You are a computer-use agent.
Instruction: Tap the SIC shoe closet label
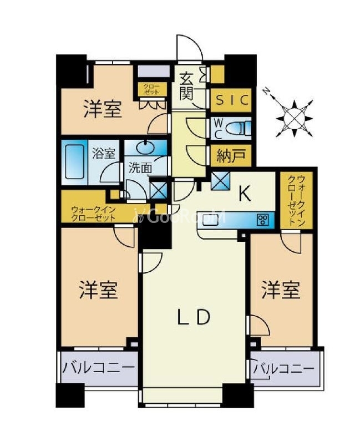pos(232,100)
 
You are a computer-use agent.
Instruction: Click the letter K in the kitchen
pos(245,194)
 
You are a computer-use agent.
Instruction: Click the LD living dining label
pos(194,317)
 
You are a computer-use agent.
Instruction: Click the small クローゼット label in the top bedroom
pos(151,89)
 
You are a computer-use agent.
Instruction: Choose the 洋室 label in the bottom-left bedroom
pos(98,289)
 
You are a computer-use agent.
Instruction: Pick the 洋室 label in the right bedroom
pos(281,289)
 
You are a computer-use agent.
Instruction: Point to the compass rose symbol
pos(296,115)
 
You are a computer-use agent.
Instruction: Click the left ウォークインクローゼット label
pos(93,214)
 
